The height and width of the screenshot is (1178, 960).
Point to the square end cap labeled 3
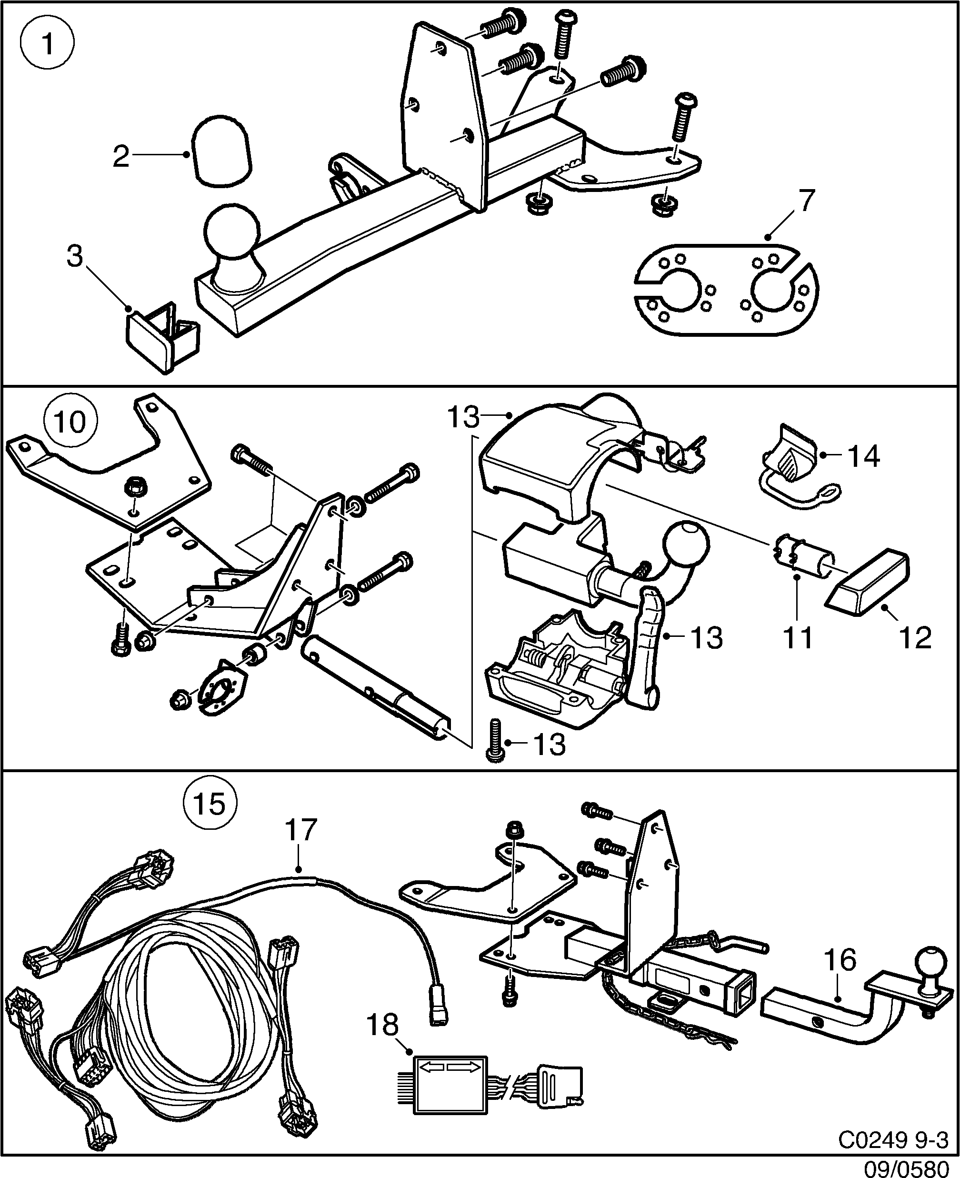coord(160,337)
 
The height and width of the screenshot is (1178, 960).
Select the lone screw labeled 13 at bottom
coord(495,741)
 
